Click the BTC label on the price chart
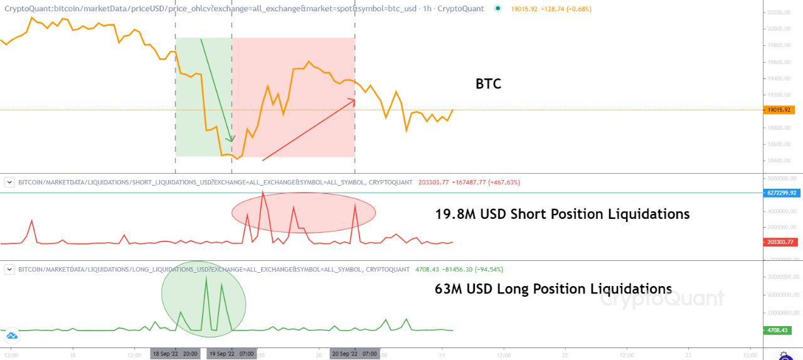click(x=488, y=84)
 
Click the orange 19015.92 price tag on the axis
click(x=780, y=110)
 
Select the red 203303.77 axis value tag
click(x=780, y=242)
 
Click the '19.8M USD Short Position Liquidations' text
click(x=562, y=214)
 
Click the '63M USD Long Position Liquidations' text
click(x=553, y=289)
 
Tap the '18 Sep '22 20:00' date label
click(x=176, y=354)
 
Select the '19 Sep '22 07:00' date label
click(x=232, y=354)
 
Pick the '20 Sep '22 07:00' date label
click(x=355, y=354)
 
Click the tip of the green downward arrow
click(x=231, y=142)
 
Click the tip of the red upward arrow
click(x=355, y=99)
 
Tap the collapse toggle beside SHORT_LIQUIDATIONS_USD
click(x=9, y=182)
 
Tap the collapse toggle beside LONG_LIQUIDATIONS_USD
click(x=9, y=270)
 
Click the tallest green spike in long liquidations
click(x=206, y=277)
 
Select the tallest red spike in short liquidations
click(x=262, y=191)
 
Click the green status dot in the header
click(x=497, y=9)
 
